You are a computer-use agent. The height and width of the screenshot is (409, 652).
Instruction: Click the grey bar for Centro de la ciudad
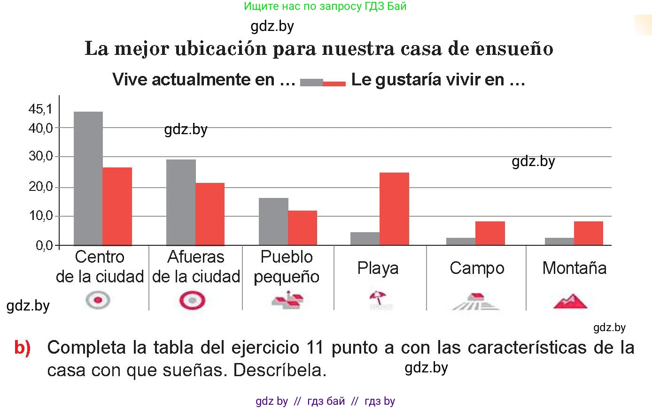[88, 178]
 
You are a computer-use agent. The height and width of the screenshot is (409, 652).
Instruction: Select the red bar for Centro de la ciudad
[117, 206]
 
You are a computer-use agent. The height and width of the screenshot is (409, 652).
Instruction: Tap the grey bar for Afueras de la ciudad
[181, 202]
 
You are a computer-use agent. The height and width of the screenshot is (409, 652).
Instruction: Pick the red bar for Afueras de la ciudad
[210, 214]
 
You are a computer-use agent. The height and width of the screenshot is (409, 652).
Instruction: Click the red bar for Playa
[394, 209]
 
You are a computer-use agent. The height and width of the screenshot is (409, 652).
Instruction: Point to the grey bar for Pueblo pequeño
[273, 221]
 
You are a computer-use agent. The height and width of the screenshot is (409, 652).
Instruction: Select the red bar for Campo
[490, 233]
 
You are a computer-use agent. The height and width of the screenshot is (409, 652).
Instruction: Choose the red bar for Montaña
[588, 233]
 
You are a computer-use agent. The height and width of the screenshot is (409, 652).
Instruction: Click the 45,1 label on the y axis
[40, 109]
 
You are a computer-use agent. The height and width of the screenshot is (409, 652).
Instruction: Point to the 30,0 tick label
[40, 156]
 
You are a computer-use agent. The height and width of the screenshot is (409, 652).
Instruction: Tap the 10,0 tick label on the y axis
[40, 216]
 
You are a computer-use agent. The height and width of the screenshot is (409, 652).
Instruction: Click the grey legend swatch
[311, 83]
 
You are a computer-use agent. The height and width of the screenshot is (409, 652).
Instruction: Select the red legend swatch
[334, 83]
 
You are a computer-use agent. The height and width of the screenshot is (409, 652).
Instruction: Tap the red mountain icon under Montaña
[570, 301]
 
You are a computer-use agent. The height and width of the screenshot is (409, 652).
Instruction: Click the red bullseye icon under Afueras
[192, 300]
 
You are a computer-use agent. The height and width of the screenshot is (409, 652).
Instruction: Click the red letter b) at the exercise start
[23, 348]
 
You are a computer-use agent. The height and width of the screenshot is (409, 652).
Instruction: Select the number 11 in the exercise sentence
[315, 348]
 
